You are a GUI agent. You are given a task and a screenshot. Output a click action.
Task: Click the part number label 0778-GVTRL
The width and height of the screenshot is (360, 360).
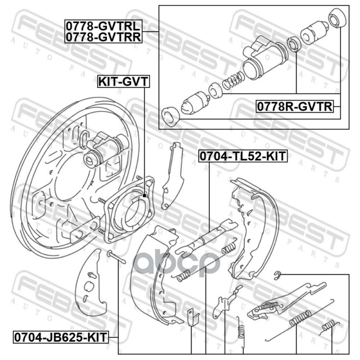[x=103, y=26]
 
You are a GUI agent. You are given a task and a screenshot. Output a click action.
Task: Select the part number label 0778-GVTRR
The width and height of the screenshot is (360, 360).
[x=103, y=37]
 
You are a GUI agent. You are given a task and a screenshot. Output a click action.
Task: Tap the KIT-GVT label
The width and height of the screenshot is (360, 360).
[x=123, y=81]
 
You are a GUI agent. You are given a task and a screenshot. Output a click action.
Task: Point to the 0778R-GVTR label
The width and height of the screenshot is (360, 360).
[x=295, y=107]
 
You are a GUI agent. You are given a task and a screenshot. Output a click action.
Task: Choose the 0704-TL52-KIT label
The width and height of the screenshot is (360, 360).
[x=243, y=156]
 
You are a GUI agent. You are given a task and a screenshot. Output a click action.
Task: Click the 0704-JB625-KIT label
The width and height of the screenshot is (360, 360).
[x=61, y=337]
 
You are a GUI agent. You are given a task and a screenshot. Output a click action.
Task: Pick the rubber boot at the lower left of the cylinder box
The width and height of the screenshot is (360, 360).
[x=171, y=116]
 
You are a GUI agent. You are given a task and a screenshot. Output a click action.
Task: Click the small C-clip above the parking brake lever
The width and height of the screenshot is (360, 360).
[x=278, y=275]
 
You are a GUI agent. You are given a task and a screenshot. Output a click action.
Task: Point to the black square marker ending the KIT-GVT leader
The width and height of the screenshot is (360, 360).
[x=144, y=196]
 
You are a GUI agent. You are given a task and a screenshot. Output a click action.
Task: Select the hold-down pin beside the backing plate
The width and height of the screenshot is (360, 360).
[x=116, y=257]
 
